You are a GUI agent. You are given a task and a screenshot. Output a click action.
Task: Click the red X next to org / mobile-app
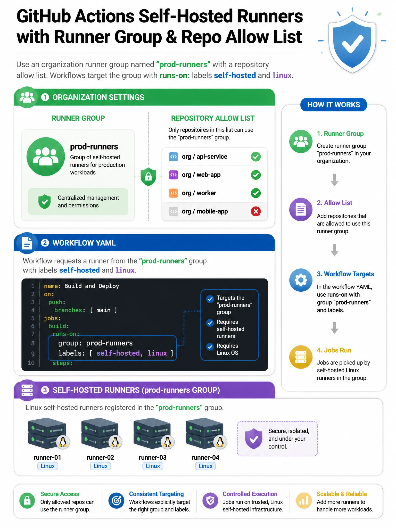tap(256, 211)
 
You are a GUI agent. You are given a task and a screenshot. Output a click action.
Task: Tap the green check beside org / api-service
tap(256, 156)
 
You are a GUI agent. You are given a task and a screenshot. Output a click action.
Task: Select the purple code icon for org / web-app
tap(173, 175)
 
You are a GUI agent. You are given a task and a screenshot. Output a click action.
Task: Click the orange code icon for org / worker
tap(173, 193)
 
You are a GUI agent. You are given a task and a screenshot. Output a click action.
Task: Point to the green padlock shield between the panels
tap(148, 177)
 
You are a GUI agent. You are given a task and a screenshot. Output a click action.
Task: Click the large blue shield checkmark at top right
tap(352, 44)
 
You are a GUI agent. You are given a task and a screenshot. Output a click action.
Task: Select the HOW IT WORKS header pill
tap(334, 105)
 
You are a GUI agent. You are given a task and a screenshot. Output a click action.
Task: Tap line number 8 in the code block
tap(33, 343)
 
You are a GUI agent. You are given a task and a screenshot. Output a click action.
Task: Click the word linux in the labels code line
tap(157, 353)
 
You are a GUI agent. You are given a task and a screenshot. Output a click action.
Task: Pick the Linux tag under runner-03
tap(153, 466)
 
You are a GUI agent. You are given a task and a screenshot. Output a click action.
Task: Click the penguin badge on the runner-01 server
tap(63, 442)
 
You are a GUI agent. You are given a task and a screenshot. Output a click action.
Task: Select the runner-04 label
tap(205, 457)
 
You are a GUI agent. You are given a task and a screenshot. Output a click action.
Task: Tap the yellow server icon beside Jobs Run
tap(301, 357)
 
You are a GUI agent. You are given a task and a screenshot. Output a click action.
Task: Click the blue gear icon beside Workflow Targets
tap(301, 280)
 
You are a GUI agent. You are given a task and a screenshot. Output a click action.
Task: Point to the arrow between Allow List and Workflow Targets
tap(334, 250)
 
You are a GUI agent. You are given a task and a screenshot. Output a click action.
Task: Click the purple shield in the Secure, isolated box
tap(254, 439)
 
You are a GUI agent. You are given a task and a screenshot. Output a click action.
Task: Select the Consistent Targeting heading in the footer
tap(156, 494)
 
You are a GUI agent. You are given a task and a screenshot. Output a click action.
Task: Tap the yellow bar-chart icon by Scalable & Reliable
tap(304, 500)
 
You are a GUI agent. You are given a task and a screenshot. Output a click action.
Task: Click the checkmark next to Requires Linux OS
tap(210, 347)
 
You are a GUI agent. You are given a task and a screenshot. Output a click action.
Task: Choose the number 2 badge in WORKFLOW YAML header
tap(45, 243)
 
